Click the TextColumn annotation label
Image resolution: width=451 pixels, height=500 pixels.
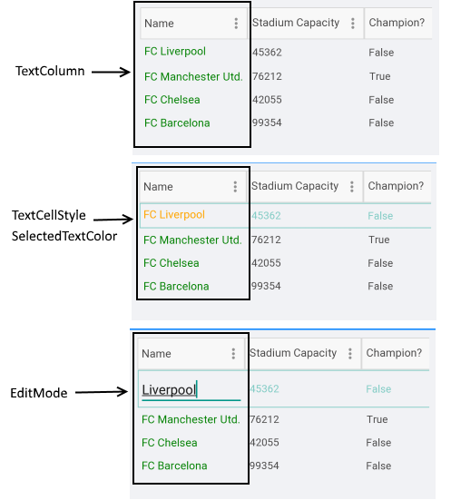[50, 71]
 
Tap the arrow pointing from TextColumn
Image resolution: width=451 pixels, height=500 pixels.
[111, 72]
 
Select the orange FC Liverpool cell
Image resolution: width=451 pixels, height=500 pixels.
[174, 214]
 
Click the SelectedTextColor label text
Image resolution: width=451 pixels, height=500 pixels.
[64, 236]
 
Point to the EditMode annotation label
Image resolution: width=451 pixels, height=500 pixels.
[39, 393]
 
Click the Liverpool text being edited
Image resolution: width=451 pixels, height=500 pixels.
[169, 389]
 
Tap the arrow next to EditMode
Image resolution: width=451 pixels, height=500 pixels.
[102, 392]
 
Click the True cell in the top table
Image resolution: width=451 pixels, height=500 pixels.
[380, 76]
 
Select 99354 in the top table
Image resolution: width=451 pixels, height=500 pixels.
[267, 123]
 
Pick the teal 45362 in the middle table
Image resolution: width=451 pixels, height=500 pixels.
[266, 216]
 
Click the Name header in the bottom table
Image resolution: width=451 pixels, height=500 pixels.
[156, 354]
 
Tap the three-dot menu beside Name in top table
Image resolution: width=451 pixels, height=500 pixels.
[236, 24]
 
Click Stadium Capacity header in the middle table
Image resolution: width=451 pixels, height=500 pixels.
[295, 186]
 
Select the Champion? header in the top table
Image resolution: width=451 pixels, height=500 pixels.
[397, 23]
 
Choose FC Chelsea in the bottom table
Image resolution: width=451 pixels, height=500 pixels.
[170, 443]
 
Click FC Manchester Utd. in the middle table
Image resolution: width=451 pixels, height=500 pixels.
[192, 240]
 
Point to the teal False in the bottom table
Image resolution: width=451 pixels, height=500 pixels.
[378, 389]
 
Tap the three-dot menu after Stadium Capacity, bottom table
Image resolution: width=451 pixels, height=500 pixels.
[350, 354]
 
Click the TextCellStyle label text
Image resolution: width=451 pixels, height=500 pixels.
[49, 215]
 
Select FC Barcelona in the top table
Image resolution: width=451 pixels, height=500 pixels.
[177, 123]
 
